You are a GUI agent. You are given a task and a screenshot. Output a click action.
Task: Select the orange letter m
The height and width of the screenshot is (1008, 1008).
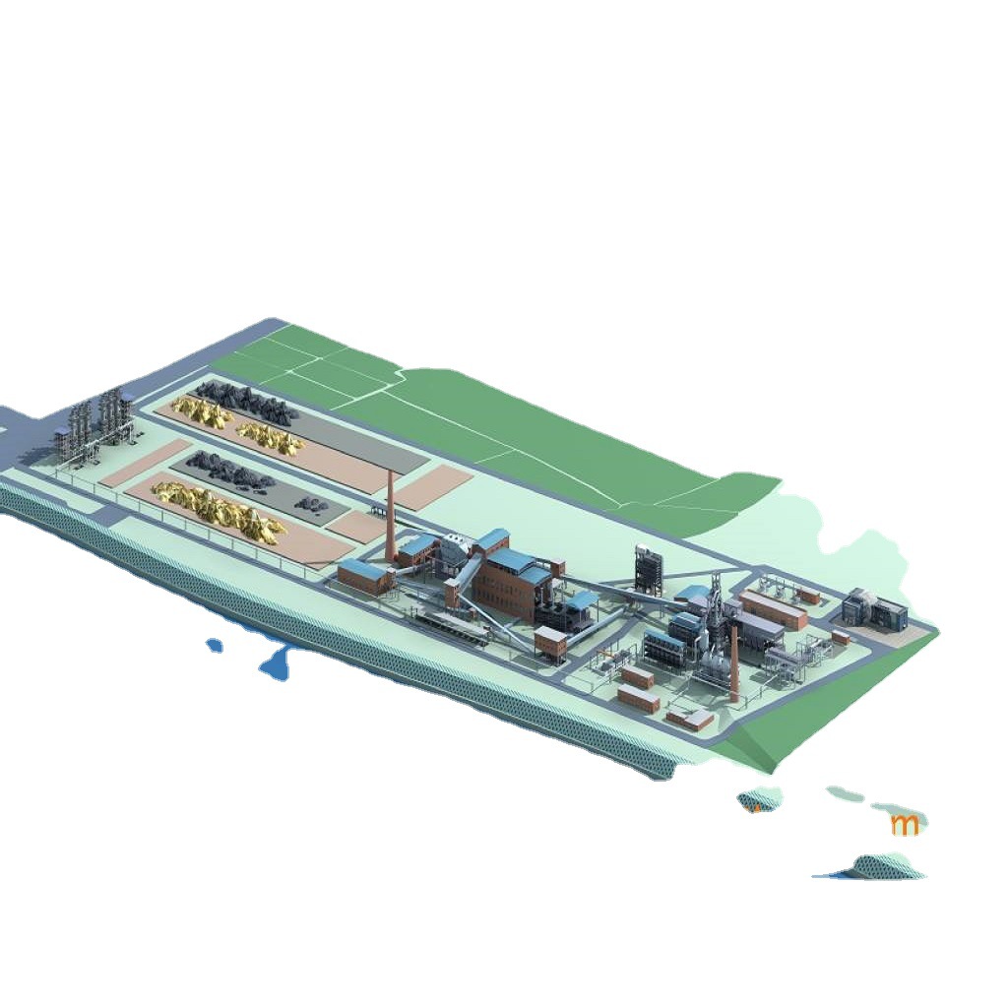click(905, 824)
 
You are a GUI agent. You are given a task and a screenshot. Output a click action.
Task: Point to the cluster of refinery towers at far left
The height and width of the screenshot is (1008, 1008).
click(96, 429)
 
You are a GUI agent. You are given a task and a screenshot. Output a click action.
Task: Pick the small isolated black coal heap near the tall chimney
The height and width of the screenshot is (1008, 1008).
click(314, 506)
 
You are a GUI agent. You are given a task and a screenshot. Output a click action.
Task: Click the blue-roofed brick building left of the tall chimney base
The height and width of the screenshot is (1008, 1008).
click(364, 576)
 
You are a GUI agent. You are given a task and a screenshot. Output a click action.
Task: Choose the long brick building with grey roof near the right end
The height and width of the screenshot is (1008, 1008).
click(773, 609)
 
